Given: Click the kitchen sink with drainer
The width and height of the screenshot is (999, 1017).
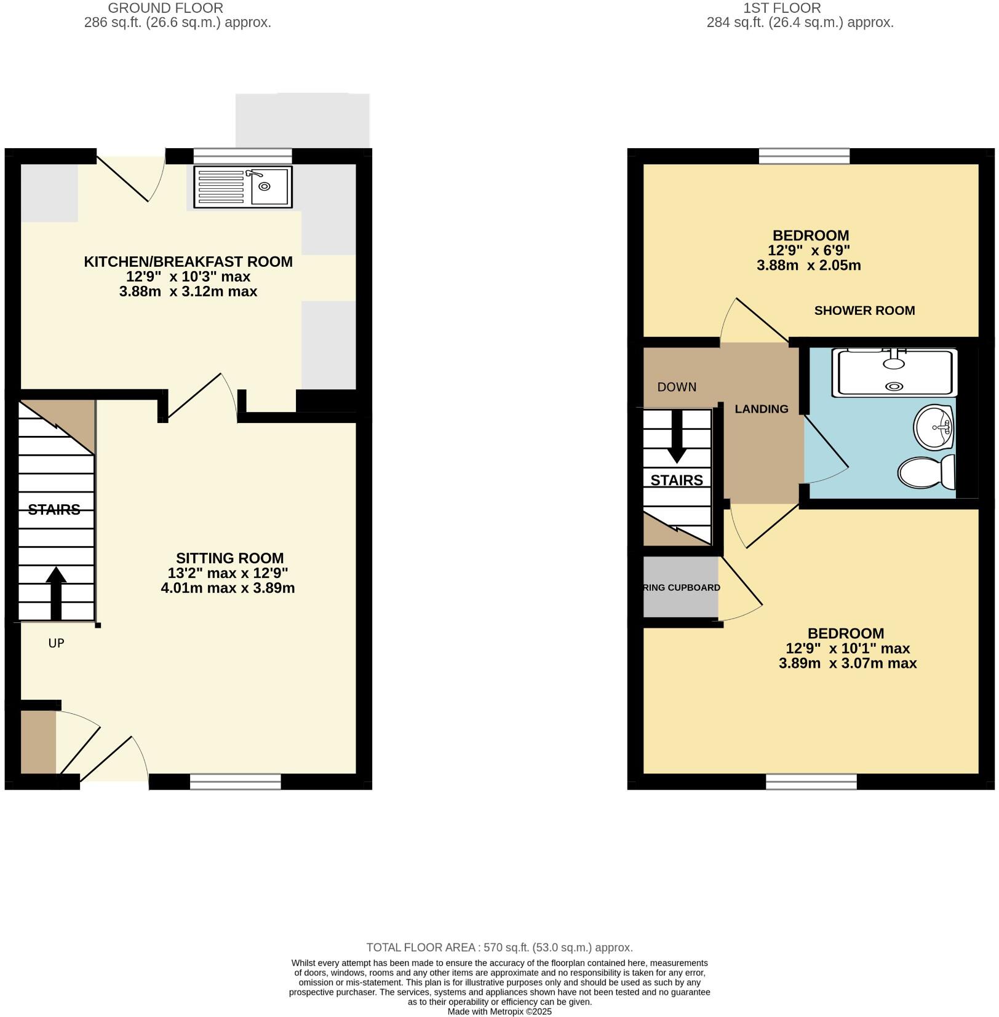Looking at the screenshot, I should [x=243, y=187].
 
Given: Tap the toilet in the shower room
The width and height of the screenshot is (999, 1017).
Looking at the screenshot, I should [x=926, y=473].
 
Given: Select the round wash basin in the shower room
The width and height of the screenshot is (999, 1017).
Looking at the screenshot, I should [x=934, y=427].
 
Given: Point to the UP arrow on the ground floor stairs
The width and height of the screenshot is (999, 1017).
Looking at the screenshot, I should [x=56, y=592].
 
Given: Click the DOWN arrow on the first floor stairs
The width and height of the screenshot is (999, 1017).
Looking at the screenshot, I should [x=677, y=437].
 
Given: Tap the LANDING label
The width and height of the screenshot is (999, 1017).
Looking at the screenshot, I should [x=761, y=409].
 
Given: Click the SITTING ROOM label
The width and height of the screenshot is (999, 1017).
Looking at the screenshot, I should [x=229, y=558].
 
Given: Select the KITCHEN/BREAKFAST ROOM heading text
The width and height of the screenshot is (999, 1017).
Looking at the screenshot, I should [x=188, y=262].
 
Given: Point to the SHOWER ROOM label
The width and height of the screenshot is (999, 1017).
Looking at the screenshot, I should [x=864, y=311].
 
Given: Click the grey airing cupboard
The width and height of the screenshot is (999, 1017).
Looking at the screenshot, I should [x=680, y=587].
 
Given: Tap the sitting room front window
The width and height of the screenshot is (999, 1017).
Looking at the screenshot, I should [x=235, y=782].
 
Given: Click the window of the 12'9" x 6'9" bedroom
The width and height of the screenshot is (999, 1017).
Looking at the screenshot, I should [x=803, y=156].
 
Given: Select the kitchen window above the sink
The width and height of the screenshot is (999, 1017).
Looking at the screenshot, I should [x=242, y=156].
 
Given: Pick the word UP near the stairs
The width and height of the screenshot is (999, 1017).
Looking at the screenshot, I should [x=56, y=643].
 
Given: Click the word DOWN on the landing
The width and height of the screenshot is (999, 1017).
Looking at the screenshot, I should [x=677, y=387].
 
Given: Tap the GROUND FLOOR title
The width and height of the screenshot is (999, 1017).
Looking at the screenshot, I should [x=165, y=8].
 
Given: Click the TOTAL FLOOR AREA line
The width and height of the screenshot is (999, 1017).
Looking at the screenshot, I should [x=499, y=948].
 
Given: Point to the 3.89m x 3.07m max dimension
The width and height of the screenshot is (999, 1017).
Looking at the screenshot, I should [x=847, y=663].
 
